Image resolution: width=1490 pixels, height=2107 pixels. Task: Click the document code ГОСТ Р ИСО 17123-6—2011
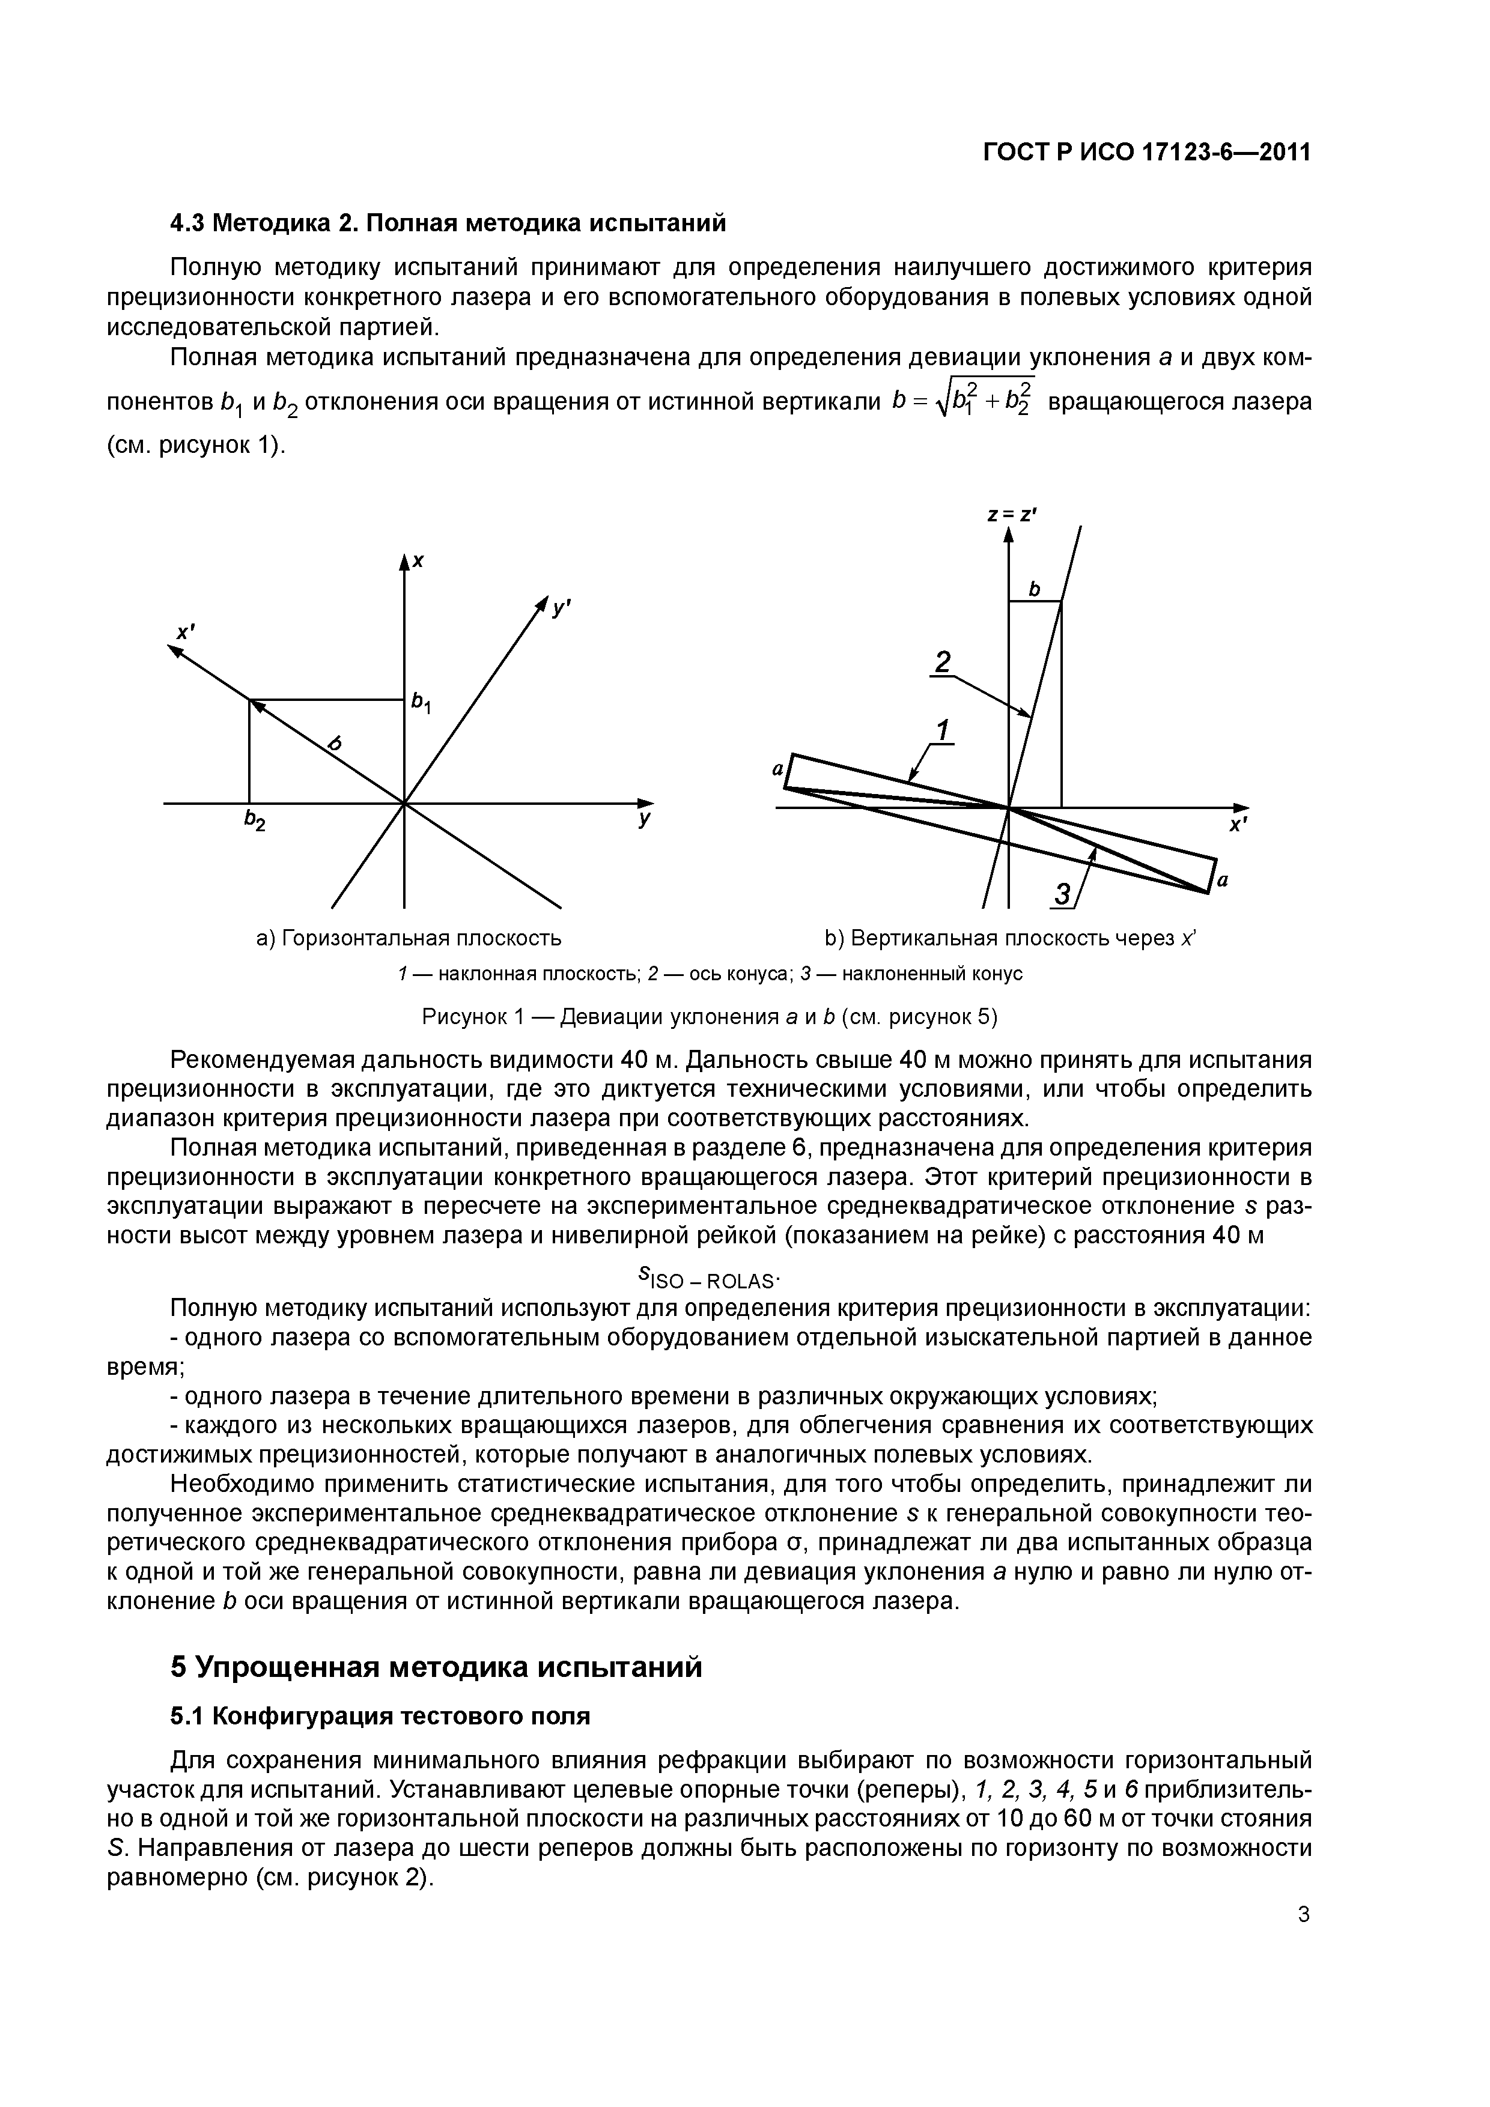[1146, 153]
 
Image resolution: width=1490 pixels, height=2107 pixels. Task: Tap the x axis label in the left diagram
[419, 561]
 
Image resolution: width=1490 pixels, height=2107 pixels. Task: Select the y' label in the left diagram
[562, 607]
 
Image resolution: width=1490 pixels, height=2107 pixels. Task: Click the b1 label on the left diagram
[422, 703]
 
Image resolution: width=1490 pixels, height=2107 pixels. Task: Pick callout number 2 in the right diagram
[941, 662]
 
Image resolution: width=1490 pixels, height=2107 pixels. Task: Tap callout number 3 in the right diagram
[1062, 893]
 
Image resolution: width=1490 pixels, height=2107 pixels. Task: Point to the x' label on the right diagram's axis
[1238, 826]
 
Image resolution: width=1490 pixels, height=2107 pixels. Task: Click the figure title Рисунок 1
[709, 1017]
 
